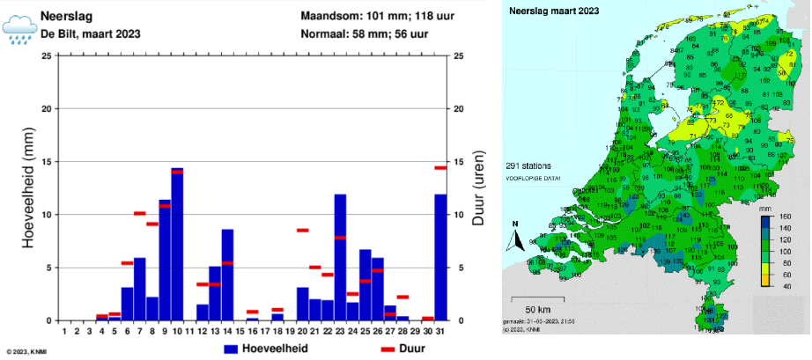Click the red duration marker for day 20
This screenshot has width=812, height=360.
pyautogui.click(x=303, y=230)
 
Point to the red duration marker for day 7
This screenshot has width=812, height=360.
pyautogui.click(x=139, y=213)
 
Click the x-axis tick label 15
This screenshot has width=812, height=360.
pyautogui.click(x=240, y=332)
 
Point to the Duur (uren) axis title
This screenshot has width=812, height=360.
pyautogui.click(x=478, y=187)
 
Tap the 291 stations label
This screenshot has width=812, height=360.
pyautogui.click(x=529, y=165)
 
